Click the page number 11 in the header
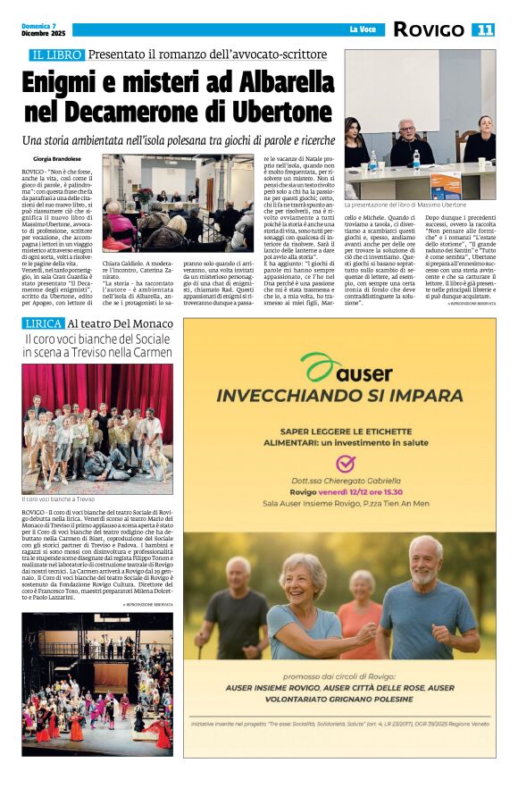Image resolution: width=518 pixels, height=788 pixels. (484, 29)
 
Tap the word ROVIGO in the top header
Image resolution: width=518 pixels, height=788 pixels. (429, 29)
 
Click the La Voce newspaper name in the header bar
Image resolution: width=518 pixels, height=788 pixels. (362, 29)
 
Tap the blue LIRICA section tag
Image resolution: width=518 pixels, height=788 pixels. (43, 323)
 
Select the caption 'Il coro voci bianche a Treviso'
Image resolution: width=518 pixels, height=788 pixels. (58, 499)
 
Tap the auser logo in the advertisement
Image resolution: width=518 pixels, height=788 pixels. (339, 368)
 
